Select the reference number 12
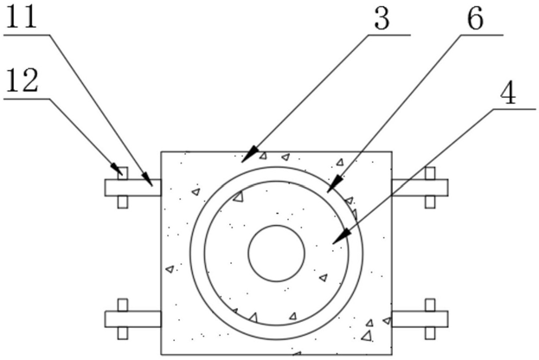click(x=24, y=82)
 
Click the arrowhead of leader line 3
click(x=246, y=157)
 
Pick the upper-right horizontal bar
click(x=420, y=188)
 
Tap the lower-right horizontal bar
click(x=420, y=318)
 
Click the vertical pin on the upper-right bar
click(x=430, y=188)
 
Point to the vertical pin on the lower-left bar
click(x=123, y=318)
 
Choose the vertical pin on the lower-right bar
click(x=430, y=318)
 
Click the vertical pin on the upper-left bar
click(x=123, y=188)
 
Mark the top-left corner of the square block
click(x=162, y=152)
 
